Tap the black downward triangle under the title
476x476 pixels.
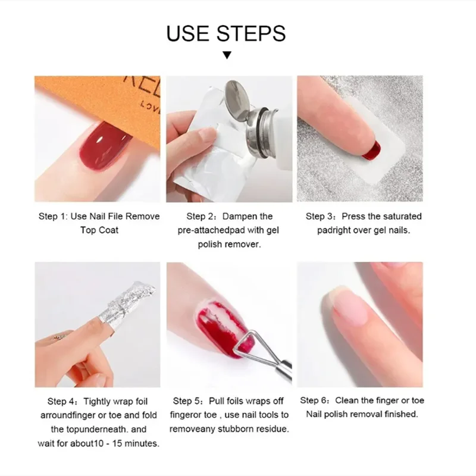click(x=226, y=56)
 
